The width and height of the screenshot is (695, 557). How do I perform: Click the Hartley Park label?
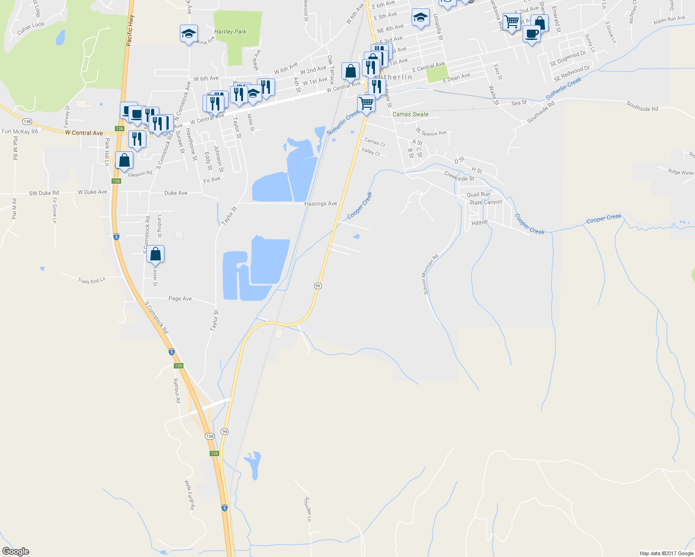pyautogui.click(x=230, y=32)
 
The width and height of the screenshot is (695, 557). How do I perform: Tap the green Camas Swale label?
pyautogui.click(x=410, y=114)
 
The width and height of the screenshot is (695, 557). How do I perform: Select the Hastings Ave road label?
pyautogui.click(x=321, y=204)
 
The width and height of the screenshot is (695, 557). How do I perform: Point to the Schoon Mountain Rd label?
pyautogui.click(x=430, y=274)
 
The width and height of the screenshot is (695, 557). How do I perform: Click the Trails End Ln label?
pyautogui.click(x=92, y=280)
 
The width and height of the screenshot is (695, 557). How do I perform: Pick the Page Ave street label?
pyautogui.click(x=180, y=298)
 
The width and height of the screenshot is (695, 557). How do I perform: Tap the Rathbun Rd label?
pyautogui.click(x=177, y=390)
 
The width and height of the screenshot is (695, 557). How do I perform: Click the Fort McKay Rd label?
pyautogui.click(x=20, y=132)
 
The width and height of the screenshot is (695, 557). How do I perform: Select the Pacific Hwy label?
pyautogui.click(x=130, y=31)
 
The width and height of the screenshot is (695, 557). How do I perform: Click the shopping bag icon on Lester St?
pyautogui.click(x=155, y=254)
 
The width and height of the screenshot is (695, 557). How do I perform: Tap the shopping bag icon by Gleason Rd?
pyautogui.click(x=125, y=161)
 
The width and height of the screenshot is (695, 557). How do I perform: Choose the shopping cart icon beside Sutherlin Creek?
pyautogui.click(x=367, y=104)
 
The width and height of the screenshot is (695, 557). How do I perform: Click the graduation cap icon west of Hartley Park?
pyautogui.click(x=189, y=34)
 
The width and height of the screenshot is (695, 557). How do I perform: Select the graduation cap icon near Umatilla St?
pyautogui.click(x=420, y=18)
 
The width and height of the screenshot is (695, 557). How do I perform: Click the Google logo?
pyautogui.click(x=16, y=551)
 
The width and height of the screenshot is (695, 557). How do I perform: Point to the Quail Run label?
pyautogui.click(x=479, y=194)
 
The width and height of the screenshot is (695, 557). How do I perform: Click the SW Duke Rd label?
pyautogui.click(x=44, y=193)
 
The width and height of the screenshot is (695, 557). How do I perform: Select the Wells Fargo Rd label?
pyautogui.click(x=190, y=495)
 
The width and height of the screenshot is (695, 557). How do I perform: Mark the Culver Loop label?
pyautogui.click(x=31, y=28)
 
